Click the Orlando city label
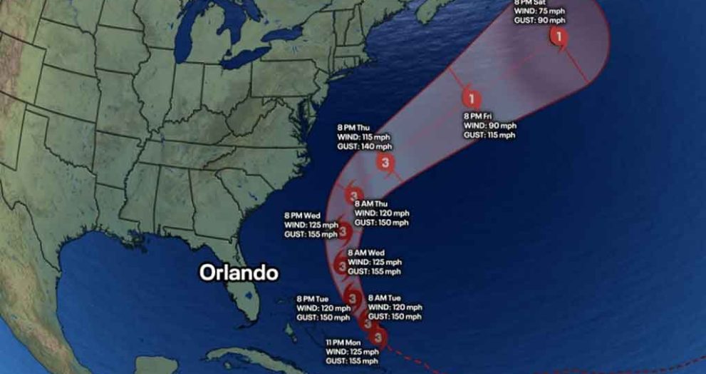239,273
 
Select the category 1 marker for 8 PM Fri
471,99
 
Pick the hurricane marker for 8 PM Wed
343,231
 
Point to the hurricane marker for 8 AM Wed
341,267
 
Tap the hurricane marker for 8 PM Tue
351,296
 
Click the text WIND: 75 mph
537,11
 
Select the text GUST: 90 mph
537,20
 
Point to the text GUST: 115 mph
489,135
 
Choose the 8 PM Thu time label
353,128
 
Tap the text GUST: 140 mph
365,146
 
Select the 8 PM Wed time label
302,216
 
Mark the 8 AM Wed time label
365,253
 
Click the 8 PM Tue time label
313,299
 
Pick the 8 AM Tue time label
384,298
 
